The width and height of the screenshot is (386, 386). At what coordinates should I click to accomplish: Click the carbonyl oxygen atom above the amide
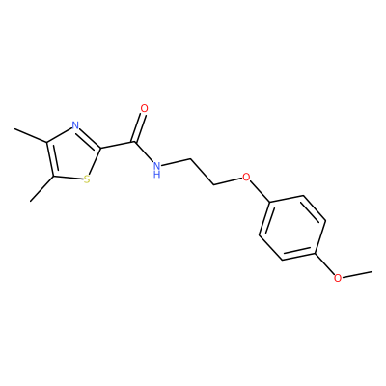tap(145, 108)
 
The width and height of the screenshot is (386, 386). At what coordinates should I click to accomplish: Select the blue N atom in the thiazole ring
tap(75, 125)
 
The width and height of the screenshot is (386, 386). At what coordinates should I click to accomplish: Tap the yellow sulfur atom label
tap(87, 179)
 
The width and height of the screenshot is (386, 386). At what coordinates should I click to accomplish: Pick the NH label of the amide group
tap(156, 170)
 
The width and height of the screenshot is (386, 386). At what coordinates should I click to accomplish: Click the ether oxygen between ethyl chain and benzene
tap(246, 177)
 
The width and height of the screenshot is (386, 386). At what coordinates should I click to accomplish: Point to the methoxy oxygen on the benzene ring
tap(338, 278)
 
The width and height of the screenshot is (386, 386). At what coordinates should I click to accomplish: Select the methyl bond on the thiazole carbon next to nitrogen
tap(31, 135)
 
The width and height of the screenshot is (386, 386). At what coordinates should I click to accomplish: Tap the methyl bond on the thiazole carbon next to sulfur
tap(42, 189)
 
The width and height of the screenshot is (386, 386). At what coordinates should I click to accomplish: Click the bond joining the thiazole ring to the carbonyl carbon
tap(118, 145)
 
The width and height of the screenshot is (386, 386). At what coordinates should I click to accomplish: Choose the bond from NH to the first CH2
tap(176, 162)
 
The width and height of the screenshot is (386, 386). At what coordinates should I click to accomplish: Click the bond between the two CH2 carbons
tap(203, 172)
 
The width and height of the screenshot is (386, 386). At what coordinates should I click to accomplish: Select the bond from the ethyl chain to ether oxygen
tap(228, 181)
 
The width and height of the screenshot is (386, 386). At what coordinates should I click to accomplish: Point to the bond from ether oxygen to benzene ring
tap(260, 191)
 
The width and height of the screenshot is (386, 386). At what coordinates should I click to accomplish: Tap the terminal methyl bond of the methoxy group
tap(357, 274)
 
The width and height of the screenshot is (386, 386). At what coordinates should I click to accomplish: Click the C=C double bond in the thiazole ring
tap(51, 159)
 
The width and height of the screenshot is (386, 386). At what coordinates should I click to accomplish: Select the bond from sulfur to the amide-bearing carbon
tap(96, 162)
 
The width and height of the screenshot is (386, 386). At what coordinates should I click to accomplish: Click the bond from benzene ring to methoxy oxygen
tap(325, 262)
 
